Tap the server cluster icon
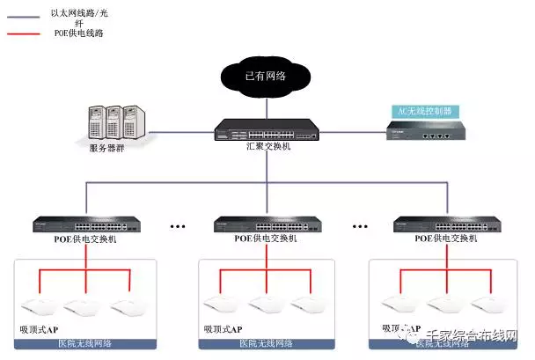pos(115,122)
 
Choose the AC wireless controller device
pos(426,133)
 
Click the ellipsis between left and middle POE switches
pos(179,226)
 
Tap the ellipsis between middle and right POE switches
pos(359,226)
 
